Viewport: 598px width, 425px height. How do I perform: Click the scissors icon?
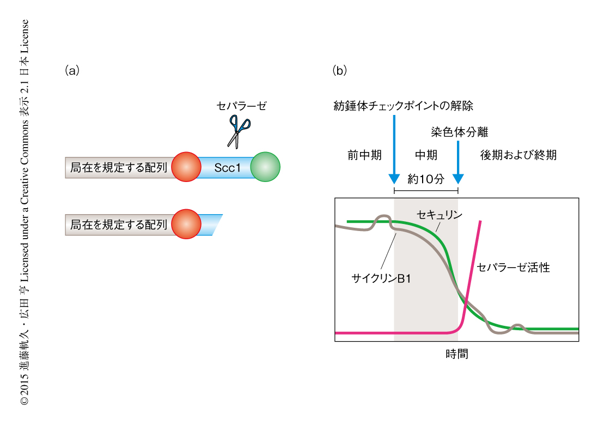pos(239,131)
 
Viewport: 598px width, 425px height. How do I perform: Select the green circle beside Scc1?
pos(265,167)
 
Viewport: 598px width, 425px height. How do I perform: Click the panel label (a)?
pos(72,70)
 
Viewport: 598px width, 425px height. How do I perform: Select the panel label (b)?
pos(340,70)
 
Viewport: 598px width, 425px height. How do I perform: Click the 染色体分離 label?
pos(459,132)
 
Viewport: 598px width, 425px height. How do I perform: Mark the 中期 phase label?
pos(426,155)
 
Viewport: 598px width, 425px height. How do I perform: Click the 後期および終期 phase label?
pos(518,155)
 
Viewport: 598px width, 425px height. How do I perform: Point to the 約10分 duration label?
pos(426,179)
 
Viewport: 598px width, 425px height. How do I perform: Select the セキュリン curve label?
pos(439,215)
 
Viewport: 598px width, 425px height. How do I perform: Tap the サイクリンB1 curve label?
pos(381,279)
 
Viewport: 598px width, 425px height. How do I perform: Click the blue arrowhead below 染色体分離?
pos(458,179)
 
